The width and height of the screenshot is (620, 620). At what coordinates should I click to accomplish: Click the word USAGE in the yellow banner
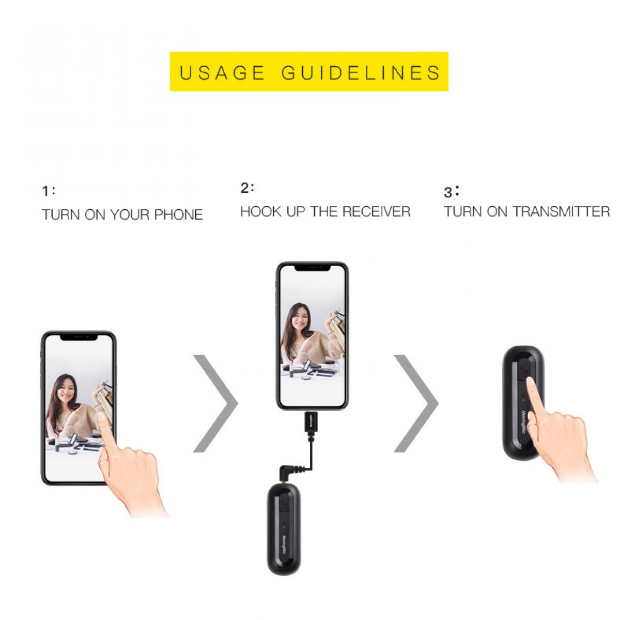pos(222,73)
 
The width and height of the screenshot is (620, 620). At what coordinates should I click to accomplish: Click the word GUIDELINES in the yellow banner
pos(361,73)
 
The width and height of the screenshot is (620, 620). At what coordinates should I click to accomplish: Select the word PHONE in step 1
pos(178,215)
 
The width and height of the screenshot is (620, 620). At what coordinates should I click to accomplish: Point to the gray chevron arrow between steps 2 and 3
pos(416,404)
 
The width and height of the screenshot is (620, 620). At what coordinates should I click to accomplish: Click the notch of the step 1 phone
pos(79,337)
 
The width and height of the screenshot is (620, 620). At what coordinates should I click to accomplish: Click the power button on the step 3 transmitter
pos(524,369)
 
